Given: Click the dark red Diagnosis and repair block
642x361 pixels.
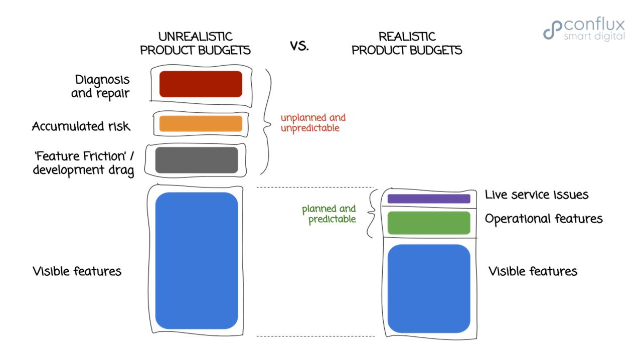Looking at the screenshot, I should [201, 84].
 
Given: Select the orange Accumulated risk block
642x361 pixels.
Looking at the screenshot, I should [201, 124].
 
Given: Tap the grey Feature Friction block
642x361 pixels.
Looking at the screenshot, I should [197, 160].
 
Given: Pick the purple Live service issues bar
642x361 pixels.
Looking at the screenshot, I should [429, 199].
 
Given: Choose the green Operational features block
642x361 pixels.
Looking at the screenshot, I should [429, 223].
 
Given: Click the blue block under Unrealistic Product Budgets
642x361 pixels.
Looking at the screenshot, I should [197, 261].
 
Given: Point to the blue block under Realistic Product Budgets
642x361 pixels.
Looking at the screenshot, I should [429, 288].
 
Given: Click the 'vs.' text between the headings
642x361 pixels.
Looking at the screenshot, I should [299, 46].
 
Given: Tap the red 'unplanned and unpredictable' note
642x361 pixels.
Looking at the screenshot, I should [313, 123].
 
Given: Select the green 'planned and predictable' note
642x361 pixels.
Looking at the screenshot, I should [329, 214].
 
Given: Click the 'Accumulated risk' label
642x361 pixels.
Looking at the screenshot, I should [81, 126].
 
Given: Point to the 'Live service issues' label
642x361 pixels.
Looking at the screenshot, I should [537, 195].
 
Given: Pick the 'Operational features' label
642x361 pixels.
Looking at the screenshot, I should [544, 219].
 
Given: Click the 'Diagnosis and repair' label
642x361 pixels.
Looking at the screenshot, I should [101, 86].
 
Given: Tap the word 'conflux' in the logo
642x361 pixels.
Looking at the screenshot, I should [594, 25].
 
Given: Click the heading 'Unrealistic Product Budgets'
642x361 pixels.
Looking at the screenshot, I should [195, 44].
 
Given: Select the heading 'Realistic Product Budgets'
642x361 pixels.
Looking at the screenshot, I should [407, 44].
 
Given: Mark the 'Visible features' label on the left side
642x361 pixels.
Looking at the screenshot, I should [77, 271].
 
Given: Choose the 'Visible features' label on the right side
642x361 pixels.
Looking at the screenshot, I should [533, 271].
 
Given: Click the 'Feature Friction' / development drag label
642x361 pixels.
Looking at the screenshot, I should [84, 163].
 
